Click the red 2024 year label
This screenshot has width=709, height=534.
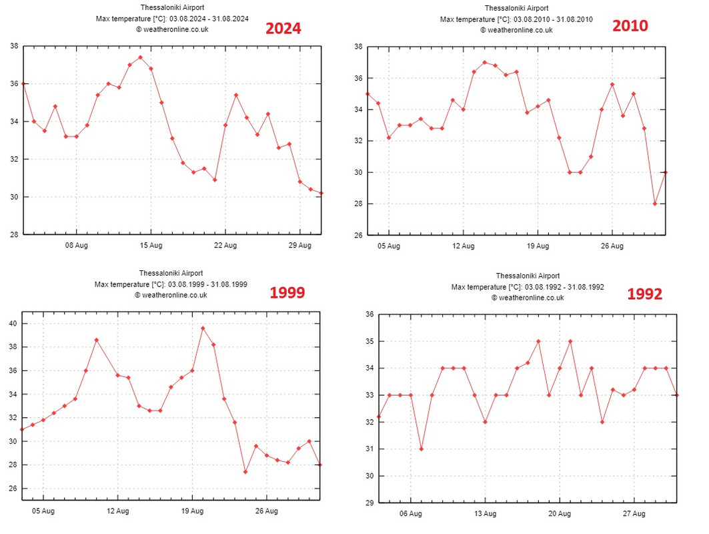click(x=283, y=29)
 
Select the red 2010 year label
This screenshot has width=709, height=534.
click(x=630, y=26)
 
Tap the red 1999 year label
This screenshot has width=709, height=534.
click(x=287, y=292)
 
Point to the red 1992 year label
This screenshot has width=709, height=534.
click(x=644, y=294)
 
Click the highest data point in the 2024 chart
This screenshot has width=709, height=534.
click(x=140, y=57)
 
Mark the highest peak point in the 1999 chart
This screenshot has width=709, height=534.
click(x=203, y=328)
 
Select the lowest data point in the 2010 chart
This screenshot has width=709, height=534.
click(x=655, y=204)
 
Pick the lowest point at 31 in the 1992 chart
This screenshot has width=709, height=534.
click(x=421, y=449)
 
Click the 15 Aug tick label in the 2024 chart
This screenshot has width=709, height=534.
click(x=151, y=246)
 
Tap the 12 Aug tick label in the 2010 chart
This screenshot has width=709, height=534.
click(x=463, y=246)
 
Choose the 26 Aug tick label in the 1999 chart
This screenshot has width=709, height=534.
click(x=266, y=511)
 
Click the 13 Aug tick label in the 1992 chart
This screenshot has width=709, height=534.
click(x=485, y=514)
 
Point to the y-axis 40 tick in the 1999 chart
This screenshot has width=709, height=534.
click(x=13, y=324)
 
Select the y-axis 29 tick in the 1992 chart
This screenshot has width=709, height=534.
click(x=369, y=503)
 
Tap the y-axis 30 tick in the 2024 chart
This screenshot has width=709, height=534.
click(x=14, y=197)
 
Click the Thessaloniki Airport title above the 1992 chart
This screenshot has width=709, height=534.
click(x=528, y=276)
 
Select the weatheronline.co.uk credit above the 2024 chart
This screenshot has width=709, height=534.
click(x=171, y=29)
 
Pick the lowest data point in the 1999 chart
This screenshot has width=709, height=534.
click(x=245, y=472)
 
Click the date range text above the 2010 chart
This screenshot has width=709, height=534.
click(x=516, y=19)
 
